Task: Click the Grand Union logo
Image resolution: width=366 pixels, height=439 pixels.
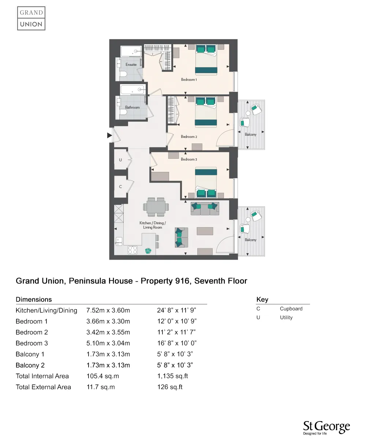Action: click(x=31, y=18)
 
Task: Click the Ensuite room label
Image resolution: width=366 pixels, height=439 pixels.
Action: click(x=131, y=65)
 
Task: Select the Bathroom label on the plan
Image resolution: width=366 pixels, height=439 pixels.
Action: click(x=132, y=108)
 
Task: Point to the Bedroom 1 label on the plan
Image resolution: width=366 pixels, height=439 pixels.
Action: click(x=189, y=80)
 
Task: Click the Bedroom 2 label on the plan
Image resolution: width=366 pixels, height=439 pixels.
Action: click(x=189, y=137)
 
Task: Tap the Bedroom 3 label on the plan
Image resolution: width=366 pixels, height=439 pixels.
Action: click(x=189, y=160)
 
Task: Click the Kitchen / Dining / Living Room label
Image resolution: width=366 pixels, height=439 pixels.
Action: click(x=153, y=225)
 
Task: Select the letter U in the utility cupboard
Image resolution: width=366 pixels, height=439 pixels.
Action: click(x=120, y=160)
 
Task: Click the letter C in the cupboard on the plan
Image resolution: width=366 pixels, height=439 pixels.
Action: click(x=120, y=187)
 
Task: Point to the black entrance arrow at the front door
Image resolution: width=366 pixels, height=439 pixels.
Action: click(x=109, y=136)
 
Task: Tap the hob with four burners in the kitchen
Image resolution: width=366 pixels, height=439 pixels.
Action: click(x=132, y=250)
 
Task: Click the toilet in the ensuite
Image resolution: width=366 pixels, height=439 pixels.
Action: click(x=123, y=75)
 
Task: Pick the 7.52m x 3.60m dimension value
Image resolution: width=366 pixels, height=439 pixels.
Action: click(x=108, y=311)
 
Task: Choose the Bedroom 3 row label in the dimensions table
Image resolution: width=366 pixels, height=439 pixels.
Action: click(x=32, y=343)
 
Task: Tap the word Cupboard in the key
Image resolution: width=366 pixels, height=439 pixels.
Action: click(x=291, y=309)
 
